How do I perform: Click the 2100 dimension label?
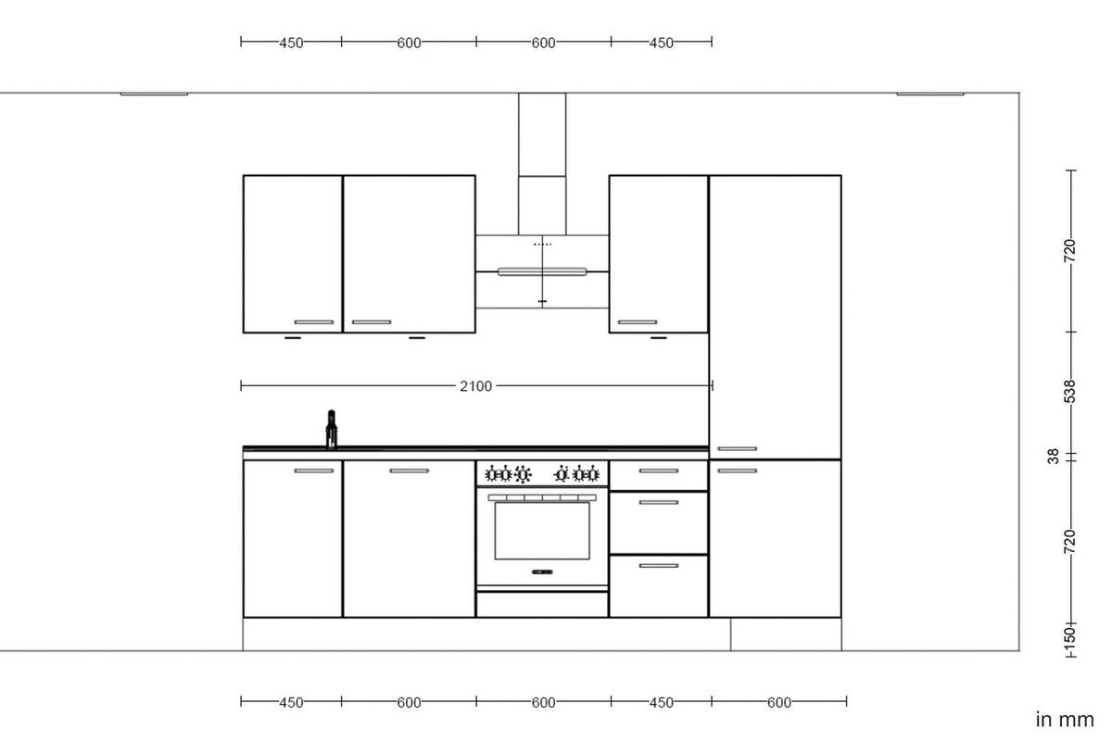475,386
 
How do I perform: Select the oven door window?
542,531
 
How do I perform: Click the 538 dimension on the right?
1070,392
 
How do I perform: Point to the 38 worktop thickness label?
1054,457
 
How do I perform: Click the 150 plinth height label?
1069,636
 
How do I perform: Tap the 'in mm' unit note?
1064,720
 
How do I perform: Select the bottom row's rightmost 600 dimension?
779,703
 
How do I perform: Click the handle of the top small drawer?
658,471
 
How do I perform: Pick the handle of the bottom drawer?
658,565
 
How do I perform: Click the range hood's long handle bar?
542,271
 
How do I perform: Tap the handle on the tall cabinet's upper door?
737,449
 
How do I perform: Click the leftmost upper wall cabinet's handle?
313,322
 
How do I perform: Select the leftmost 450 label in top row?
291,43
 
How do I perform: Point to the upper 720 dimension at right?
1070,250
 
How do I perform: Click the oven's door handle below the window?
542,571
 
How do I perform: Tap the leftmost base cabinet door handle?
313,471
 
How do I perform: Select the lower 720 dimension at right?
1070,541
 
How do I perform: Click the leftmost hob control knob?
493,475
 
